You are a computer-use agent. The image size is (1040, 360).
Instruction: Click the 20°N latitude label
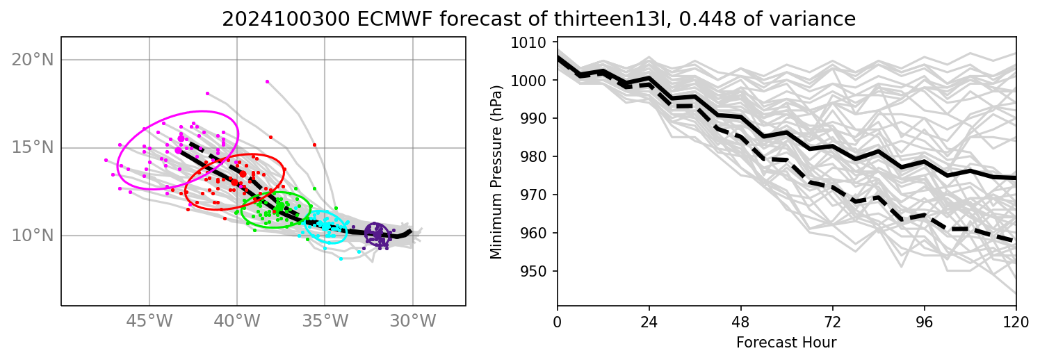[33, 60]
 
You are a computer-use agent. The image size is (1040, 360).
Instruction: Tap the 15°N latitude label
[33, 147]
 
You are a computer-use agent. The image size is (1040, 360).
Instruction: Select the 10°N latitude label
[33, 236]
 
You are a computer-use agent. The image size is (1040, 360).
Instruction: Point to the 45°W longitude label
[149, 322]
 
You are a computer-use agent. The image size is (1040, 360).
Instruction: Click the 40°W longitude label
[237, 322]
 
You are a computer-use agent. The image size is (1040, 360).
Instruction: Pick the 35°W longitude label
[325, 322]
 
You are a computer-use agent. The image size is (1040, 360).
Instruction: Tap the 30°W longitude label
[413, 322]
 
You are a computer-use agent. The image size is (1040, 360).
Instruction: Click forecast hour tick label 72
[832, 322]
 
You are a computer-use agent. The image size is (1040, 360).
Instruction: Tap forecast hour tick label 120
[1016, 322]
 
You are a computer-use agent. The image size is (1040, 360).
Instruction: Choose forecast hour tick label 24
[649, 322]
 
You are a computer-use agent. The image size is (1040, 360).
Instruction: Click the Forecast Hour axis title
[786, 343]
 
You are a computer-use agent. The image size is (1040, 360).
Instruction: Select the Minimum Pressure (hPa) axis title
[496, 173]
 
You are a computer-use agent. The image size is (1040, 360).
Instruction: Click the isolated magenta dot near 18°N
[207, 93]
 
